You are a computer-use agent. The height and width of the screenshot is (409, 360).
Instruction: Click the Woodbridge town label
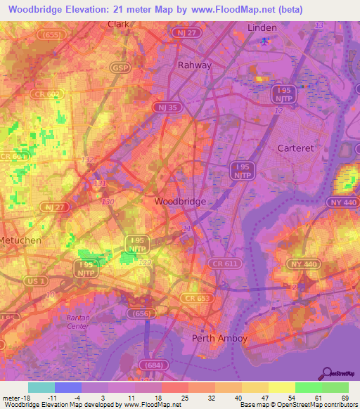coord(180,201)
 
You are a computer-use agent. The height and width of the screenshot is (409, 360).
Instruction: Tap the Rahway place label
coord(194,65)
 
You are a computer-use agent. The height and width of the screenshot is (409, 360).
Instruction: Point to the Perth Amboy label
coord(220,339)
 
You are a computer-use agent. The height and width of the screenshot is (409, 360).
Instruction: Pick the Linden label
coord(262,27)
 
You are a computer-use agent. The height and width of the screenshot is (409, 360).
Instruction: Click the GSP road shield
coord(119,67)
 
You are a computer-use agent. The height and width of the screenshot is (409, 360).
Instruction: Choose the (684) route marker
coord(152,365)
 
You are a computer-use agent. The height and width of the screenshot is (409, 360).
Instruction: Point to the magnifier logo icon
coord(326,372)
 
